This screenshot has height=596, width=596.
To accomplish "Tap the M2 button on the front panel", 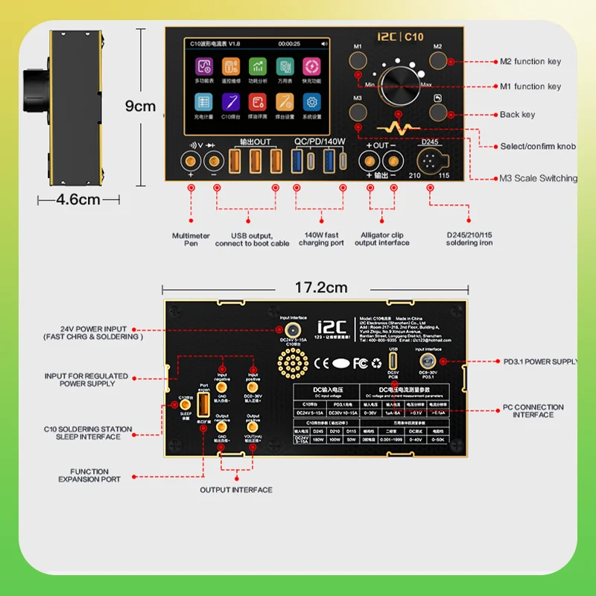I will coord(439,60).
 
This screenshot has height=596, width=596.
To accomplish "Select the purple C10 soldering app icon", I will coord(229,103).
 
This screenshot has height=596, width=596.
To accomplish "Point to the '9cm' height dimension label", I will coord(140,106).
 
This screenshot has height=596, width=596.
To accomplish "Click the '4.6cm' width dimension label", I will coord(78,200).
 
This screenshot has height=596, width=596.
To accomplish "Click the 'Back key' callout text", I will coord(517,115).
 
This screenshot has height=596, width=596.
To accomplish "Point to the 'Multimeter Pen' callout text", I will coord(191,239).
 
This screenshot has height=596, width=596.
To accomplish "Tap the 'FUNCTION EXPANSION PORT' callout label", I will coord(89,475).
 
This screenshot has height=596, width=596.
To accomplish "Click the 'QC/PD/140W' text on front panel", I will coord(320,142).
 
